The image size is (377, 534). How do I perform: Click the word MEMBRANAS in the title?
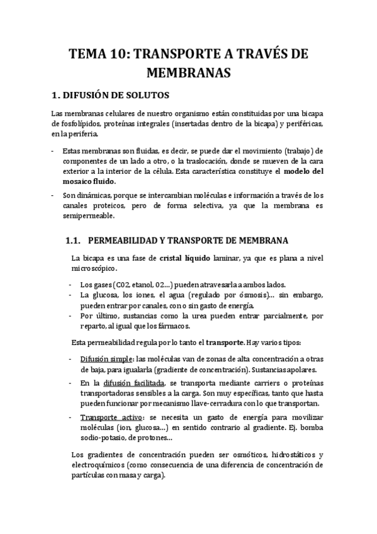(x=188, y=73)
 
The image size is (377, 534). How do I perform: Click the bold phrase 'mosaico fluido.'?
(x=94, y=181)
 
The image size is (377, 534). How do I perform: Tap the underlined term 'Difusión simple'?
(x=96, y=358)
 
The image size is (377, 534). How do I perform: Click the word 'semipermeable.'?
(x=89, y=215)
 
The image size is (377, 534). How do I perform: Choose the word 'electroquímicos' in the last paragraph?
(x=91, y=465)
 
